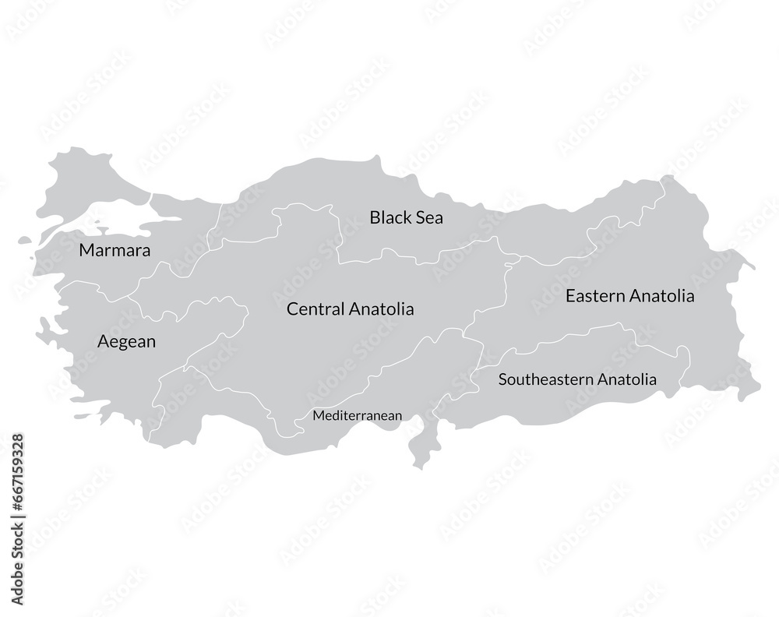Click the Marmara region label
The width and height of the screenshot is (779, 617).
pyautogui.click(x=115, y=251)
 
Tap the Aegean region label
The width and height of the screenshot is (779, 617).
pyautogui.click(x=126, y=342)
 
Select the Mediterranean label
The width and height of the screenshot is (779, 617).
pyautogui.click(x=357, y=416)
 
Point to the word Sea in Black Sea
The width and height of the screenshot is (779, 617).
pyautogui.click(x=430, y=217)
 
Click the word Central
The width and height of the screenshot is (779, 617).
pyautogui.click(x=315, y=309)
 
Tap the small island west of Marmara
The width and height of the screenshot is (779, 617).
pyautogui.click(x=25, y=241)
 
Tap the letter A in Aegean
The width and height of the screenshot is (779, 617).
pyautogui.click(x=103, y=341)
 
